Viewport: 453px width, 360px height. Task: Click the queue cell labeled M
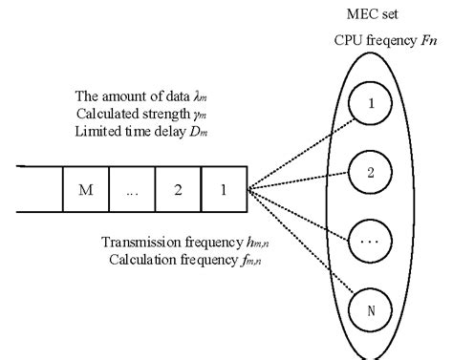84,190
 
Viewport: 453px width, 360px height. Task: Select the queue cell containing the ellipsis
132,190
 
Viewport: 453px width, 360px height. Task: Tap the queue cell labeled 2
178,190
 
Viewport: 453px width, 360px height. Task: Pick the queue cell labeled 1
224,190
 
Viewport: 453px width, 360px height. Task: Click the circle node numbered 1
371,107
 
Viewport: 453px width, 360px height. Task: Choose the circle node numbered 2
371,173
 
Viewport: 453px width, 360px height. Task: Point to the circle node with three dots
371,241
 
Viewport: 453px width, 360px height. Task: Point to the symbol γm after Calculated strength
198,114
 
